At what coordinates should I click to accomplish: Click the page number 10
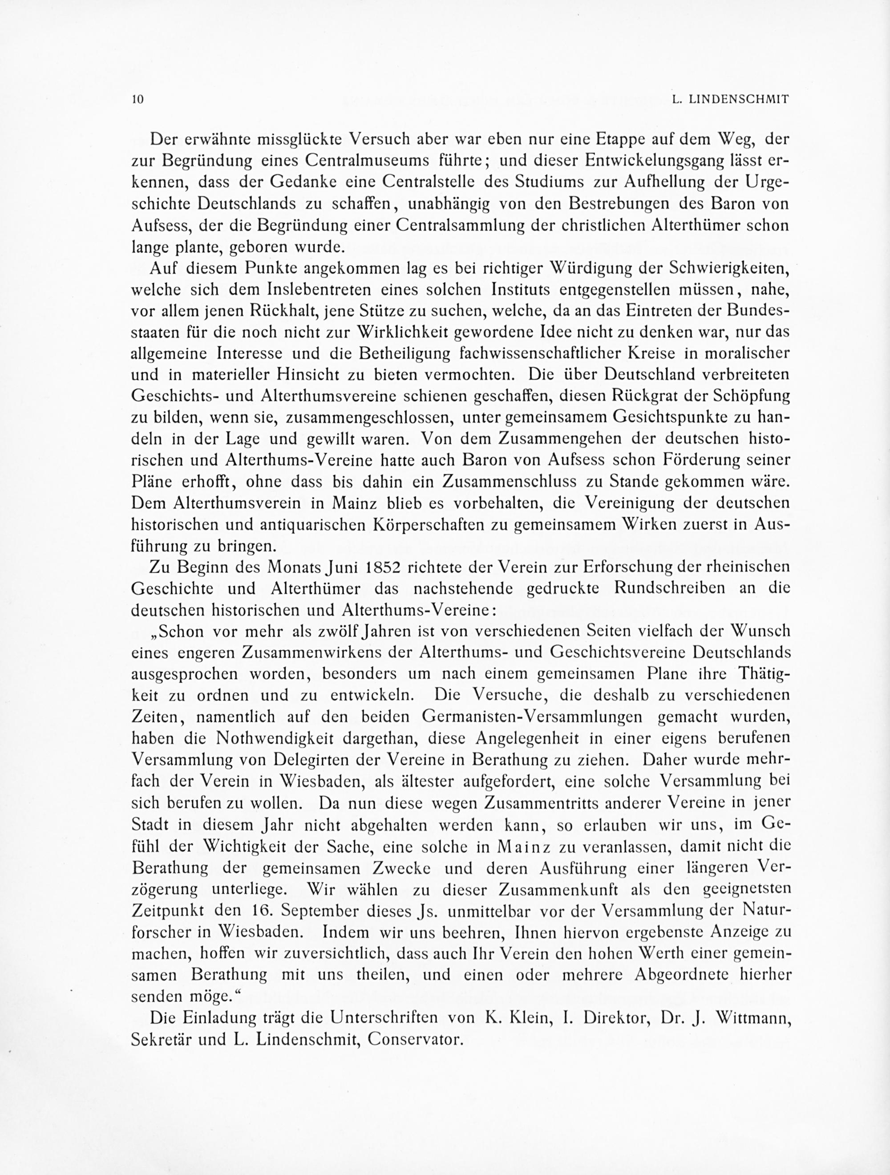click(x=138, y=99)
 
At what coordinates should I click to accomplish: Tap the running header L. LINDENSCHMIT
click(x=730, y=99)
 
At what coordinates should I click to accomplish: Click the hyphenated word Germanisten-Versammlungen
click(x=532, y=717)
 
